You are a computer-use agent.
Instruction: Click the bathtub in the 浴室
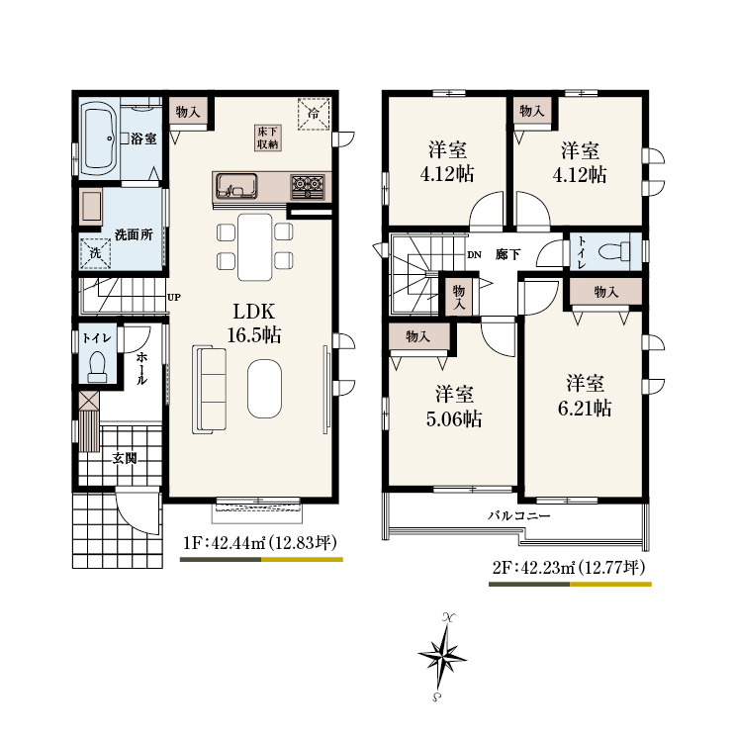tap(98, 138)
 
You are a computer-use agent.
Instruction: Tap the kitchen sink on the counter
tap(236, 186)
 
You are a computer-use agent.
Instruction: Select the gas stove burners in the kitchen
tap(308, 186)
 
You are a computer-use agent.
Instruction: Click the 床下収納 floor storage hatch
tap(268, 138)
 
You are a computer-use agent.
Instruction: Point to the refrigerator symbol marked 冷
tap(314, 113)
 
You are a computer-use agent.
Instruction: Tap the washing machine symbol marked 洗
tap(95, 253)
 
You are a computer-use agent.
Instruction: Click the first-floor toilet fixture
tap(97, 367)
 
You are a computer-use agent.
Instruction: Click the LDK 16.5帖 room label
tap(254, 323)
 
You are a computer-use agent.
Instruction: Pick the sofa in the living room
tap(209, 389)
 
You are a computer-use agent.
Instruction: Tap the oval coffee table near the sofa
tap(265, 388)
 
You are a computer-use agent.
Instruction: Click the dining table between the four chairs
tap(254, 247)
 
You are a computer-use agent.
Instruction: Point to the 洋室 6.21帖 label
tap(585, 396)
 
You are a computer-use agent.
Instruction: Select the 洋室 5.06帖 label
tap(454, 406)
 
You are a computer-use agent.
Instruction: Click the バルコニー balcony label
tap(518, 516)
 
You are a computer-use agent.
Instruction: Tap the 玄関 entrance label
tap(125, 458)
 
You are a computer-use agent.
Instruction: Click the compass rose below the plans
tap(441, 657)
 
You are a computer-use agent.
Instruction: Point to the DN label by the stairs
tap(474, 255)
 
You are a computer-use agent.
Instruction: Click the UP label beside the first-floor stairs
tap(174, 297)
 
